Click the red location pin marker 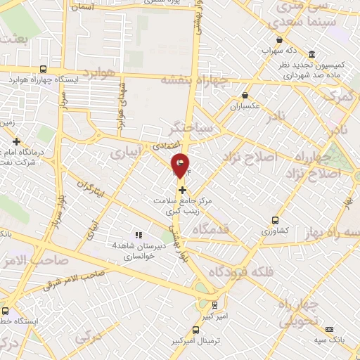[181, 165]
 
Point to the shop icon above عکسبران [245, 96]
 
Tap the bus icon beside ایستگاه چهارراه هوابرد [43, 69]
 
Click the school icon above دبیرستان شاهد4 [139, 235]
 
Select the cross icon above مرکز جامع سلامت [182, 190]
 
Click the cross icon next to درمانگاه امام [16, 141]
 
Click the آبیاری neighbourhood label [127, 151]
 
